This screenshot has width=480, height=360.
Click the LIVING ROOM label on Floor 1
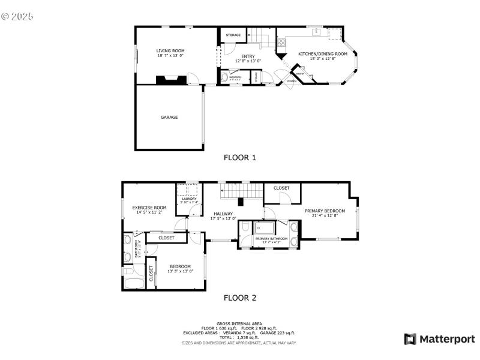pos(170,51)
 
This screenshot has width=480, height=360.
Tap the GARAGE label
pos(169,118)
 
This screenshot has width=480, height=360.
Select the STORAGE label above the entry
pos(233,35)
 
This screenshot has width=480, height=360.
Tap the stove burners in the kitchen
pos(280,42)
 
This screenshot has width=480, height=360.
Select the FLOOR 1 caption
pos(240,158)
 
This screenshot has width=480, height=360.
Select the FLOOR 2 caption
pos(240,298)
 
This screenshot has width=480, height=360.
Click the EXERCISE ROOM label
pos(149,208)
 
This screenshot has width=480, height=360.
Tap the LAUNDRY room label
pos(190,199)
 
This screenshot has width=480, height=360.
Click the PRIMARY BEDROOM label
pos(325,211)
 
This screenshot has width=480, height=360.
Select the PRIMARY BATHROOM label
pos(271,239)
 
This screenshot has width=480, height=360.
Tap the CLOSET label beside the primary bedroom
pos(281,188)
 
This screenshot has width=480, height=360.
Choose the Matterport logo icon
pos(410,340)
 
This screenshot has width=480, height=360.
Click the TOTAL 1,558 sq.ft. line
pos(239,338)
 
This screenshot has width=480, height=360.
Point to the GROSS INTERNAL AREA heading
pos(239,324)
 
